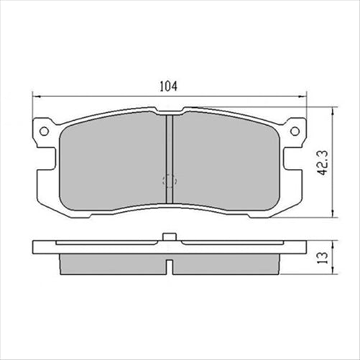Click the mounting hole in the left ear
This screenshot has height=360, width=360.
point(44,131)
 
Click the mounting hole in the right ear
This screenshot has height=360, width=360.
point(293,131)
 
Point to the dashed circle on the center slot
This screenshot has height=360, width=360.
point(169,182)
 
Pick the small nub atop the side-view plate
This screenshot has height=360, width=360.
point(169,236)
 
